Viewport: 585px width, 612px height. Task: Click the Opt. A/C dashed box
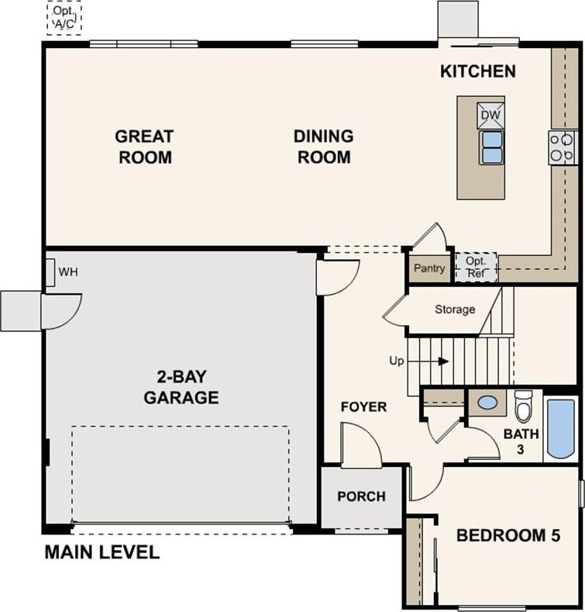tap(64, 18)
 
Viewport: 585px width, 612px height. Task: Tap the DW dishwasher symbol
tap(490, 116)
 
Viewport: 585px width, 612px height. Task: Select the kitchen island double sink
tap(491, 148)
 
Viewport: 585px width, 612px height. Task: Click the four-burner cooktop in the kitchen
tap(563, 147)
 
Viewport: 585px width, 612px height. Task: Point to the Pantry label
tap(429, 268)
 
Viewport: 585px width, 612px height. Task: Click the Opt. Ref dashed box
tap(477, 268)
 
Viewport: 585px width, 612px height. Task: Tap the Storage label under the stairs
tap(455, 309)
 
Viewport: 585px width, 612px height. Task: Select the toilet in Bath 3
tap(523, 406)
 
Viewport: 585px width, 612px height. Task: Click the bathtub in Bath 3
tap(561, 428)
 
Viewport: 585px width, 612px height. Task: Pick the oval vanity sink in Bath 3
tap(487, 403)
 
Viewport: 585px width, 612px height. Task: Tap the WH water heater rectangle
tap(50, 272)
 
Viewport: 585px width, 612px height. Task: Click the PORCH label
tap(362, 496)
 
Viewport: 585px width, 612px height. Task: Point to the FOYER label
tap(364, 407)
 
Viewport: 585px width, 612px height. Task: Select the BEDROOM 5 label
tap(508, 535)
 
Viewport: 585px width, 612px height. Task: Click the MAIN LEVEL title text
tap(102, 552)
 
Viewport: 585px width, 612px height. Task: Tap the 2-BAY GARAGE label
tap(181, 387)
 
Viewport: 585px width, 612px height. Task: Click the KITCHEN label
tap(478, 71)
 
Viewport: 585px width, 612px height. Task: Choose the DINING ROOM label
tap(324, 147)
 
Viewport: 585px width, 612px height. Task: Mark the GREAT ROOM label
tap(145, 147)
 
